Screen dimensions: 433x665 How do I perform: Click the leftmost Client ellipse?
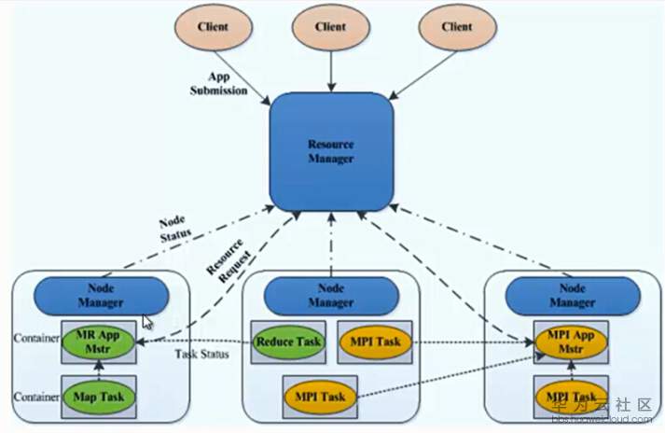click(x=214, y=28)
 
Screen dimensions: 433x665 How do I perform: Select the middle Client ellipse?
click(x=330, y=28)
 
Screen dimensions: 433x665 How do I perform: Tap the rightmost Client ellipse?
click(x=456, y=28)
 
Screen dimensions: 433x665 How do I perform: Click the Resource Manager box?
click(x=329, y=151)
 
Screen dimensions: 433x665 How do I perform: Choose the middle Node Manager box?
click(x=330, y=296)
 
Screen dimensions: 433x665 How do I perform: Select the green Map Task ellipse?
click(x=99, y=396)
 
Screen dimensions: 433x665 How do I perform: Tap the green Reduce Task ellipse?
click(x=288, y=342)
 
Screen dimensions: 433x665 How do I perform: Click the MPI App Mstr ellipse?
click(x=570, y=342)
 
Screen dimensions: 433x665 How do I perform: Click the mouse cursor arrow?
click(x=147, y=322)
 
